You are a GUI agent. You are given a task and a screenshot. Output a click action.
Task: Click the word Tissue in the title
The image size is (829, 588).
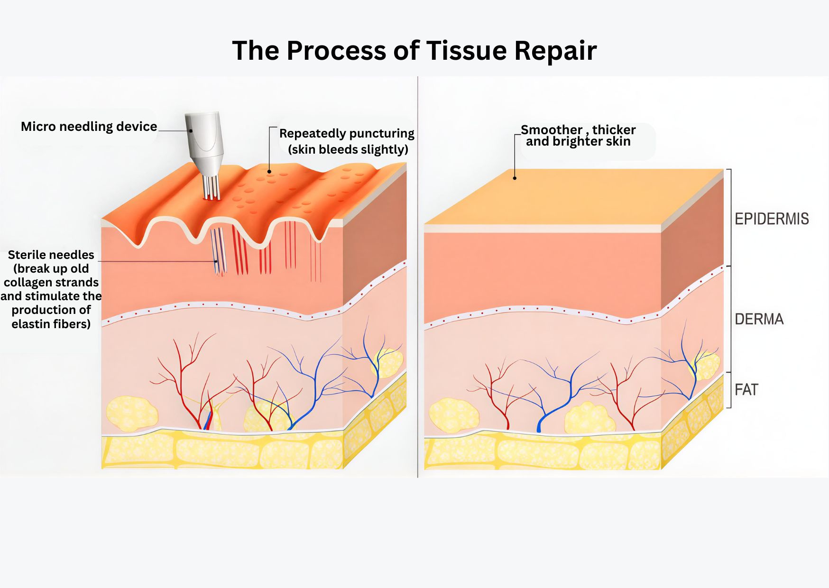click(466, 50)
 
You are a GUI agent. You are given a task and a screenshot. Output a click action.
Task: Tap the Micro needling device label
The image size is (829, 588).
click(89, 127)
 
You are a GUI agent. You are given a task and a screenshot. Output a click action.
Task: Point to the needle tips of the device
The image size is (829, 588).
click(212, 194)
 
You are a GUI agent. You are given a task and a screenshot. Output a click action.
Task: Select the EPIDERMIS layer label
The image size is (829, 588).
click(772, 219)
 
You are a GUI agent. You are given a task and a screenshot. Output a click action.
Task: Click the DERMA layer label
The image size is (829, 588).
click(759, 319)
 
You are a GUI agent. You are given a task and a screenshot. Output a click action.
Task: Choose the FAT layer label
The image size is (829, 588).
click(746, 390)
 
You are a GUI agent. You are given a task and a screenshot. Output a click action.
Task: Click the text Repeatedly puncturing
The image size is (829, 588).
click(347, 133)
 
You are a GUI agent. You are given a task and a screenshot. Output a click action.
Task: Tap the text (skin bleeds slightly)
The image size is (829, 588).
click(348, 149)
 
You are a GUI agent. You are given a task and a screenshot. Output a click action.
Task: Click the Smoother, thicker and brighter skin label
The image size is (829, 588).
click(578, 136)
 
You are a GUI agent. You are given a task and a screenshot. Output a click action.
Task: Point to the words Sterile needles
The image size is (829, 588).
click(51, 255)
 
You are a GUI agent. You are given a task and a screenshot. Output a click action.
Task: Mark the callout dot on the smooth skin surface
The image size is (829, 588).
click(515, 178)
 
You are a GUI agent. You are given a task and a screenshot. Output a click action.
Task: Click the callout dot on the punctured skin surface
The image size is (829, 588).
click(269, 172)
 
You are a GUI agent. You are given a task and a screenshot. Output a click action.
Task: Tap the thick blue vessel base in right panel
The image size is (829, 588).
click(539, 426)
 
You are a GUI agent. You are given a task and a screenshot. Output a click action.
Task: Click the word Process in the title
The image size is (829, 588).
click(336, 50)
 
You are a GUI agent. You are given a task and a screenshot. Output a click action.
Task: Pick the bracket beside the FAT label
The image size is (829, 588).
click(730, 390)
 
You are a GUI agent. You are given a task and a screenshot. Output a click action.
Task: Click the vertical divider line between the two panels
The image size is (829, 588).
click(418, 285)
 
